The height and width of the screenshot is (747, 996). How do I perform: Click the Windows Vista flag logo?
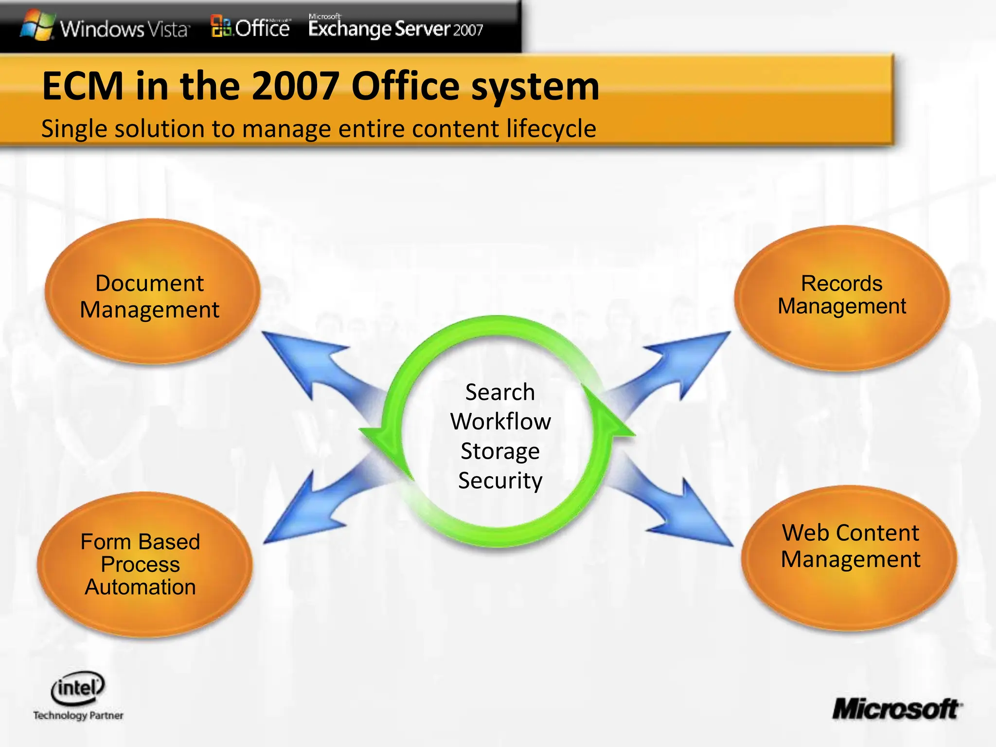(38, 25)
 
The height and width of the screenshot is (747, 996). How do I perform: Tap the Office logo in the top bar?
(251, 27)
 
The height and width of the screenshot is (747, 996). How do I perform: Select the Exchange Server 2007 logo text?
(395, 28)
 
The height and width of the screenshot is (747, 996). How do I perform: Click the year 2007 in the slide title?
(296, 87)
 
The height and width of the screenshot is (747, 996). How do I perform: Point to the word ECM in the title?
(83, 87)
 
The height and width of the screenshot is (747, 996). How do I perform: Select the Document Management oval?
(152, 292)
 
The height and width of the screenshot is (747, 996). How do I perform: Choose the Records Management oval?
(841, 298)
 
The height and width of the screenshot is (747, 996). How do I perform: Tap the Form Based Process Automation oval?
(144, 564)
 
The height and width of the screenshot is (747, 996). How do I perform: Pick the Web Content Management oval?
(849, 557)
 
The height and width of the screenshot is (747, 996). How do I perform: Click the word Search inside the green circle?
(500, 392)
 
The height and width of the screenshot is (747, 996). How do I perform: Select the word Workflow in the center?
(500, 421)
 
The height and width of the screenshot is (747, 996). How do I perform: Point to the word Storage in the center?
(500, 451)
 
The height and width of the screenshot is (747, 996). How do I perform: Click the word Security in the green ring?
(500, 480)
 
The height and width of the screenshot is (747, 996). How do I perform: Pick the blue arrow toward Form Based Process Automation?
(311, 511)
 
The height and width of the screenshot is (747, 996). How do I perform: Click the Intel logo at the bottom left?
(78, 688)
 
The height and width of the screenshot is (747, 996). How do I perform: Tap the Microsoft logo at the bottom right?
(896, 709)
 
